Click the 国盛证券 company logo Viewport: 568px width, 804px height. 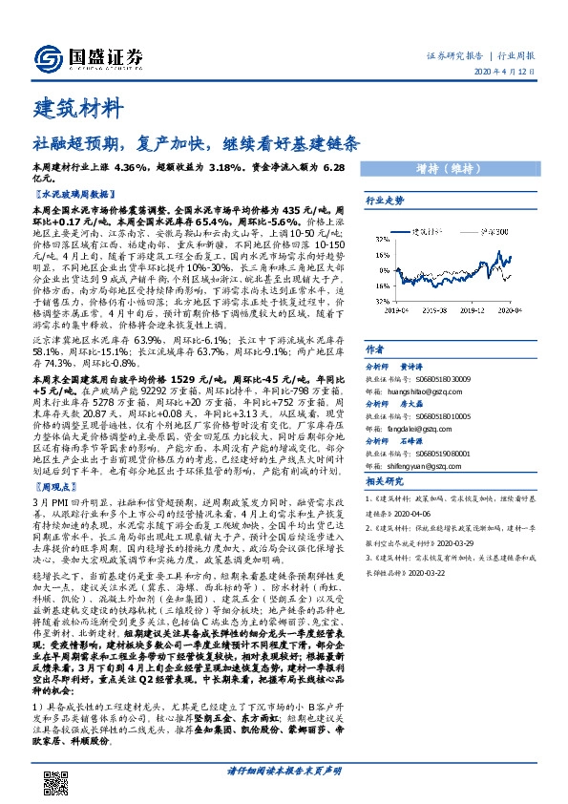[x=87, y=56]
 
